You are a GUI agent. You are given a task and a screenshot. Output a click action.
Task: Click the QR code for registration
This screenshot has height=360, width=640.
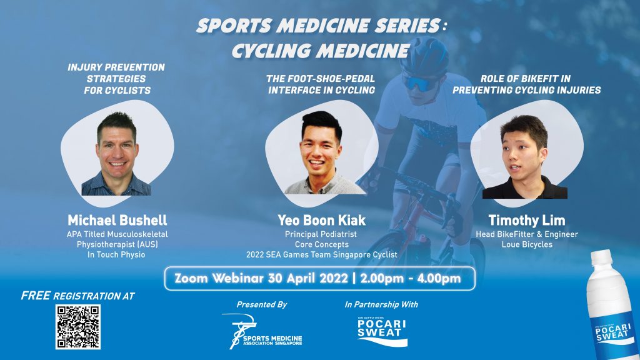tap(78, 326)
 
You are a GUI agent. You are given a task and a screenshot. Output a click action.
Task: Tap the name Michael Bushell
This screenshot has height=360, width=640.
tap(117, 221)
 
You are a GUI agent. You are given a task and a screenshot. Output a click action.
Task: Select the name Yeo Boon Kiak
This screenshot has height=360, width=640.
tap(322, 221)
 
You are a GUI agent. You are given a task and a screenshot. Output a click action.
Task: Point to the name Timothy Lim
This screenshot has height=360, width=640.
tap(527, 221)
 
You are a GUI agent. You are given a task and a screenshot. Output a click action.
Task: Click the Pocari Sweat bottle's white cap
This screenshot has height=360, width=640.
tap(602, 257)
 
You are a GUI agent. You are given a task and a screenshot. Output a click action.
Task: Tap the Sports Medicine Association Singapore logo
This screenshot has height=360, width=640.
tap(262, 331)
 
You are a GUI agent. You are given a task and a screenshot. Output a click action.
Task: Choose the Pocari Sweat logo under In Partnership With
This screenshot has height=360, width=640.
tap(382, 331)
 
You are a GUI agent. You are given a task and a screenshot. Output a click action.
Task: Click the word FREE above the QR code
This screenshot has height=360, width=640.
tap(36, 296)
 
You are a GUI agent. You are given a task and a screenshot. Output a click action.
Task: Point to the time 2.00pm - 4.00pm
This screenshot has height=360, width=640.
tap(411, 278)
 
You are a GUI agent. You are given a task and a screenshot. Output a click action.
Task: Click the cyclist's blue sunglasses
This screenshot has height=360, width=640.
tap(418, 83)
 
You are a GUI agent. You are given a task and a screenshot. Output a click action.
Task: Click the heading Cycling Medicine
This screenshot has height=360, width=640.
tap(321, 51)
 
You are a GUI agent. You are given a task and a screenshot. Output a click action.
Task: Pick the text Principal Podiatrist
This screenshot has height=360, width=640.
tap(321, 234)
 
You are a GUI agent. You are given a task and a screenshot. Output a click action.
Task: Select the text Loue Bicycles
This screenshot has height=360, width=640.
tap(527, 244)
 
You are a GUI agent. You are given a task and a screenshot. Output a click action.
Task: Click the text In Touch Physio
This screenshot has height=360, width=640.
tap(116, 255)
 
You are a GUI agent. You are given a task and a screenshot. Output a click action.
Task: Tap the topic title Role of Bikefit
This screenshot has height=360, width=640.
tap(525, 78)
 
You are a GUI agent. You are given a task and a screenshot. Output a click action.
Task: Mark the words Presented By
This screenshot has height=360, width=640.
tap(262, 304)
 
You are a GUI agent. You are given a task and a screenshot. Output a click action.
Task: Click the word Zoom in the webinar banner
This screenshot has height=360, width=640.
tap(191, 278)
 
